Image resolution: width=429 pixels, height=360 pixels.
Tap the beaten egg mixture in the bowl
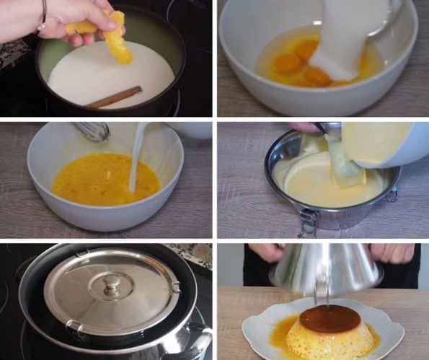tap(101, 179)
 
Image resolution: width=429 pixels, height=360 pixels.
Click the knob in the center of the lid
tap(111, 284)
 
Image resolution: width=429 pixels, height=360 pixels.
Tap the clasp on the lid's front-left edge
tap(74, 328)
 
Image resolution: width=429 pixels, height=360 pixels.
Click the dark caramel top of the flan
tap(330, 317)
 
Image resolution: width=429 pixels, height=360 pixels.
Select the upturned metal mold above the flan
tap(325, 267)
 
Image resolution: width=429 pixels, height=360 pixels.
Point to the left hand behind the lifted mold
tap(267, 252)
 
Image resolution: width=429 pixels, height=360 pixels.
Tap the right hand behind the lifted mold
tap(393, 253)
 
